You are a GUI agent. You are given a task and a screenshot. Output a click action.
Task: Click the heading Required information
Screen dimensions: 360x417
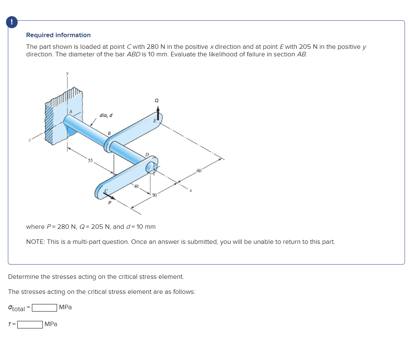click(x=58, y=35)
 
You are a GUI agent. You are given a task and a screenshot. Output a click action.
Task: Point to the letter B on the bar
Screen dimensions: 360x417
click(x=109, y=133)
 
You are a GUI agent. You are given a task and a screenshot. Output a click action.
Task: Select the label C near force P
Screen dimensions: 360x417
click(x=105, y=191)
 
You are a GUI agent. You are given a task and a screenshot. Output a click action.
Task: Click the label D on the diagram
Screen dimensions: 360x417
click(x=147, y=155)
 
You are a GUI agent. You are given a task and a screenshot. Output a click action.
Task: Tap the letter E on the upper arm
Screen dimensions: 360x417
click(x=154, y=121)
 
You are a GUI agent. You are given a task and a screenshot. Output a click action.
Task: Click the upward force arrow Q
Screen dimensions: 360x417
click(x=158, y=111)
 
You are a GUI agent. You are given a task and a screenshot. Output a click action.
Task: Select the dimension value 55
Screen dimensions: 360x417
click(x=90, y=161)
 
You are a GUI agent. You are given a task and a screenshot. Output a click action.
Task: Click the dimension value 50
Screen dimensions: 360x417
click(x=154, y=195)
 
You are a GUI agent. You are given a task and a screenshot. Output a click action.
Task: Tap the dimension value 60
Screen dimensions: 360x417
click(x=199, y=172)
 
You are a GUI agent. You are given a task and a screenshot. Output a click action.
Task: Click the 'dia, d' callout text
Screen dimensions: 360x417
click(x=106, y=115)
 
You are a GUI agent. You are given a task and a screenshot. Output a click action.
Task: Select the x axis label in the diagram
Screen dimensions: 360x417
click(x=191, y=191)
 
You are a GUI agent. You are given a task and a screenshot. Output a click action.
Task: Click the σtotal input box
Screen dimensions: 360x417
click(x=44, y=308)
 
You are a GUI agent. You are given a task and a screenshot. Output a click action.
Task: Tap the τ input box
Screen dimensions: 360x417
click(x=30, y=324)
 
